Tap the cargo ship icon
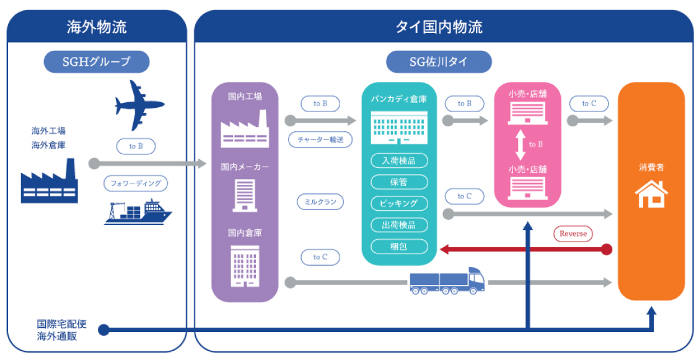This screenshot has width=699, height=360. pos(138,212)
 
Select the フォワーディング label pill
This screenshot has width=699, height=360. pos(136,184)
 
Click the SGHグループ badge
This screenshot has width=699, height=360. pos(97,61)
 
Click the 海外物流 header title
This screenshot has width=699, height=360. pos(97,27)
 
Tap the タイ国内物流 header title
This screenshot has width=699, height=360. pos(439,27)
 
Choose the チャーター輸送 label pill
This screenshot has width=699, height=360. pos(320,139)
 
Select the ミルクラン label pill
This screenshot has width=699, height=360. pos(320,201)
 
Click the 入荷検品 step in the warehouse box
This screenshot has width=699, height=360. pos(399,160)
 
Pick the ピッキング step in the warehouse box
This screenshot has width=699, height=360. pos(399,203)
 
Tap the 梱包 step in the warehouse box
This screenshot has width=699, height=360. pos(399,246)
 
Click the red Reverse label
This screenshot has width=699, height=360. pos(573,234)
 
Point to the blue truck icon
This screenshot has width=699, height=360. pos(447,282)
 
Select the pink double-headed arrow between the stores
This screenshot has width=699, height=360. pos(519,144)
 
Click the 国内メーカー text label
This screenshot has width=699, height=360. pos(245,167)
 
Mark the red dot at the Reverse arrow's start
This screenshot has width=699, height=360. pos(607,250)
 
